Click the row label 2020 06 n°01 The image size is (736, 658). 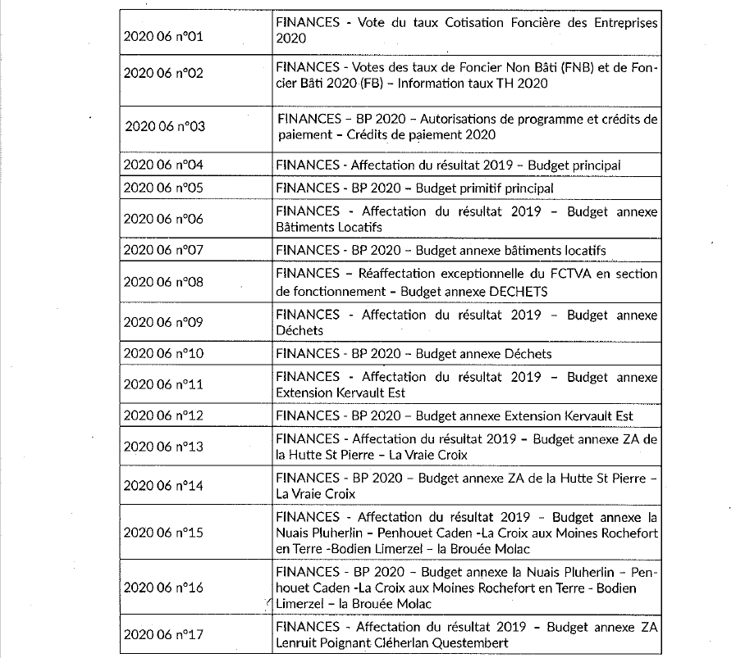[163, 38]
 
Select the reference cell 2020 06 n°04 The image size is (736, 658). [163, 165]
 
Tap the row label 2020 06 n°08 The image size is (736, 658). [163, 282]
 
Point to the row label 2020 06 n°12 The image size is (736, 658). [163, 415]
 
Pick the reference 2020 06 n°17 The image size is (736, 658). [163, 634]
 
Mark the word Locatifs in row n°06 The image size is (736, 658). [354, 227]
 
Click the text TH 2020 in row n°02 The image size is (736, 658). [522, 84]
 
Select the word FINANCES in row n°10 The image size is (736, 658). [308, 353]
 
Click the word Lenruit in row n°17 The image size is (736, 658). [299, 643]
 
